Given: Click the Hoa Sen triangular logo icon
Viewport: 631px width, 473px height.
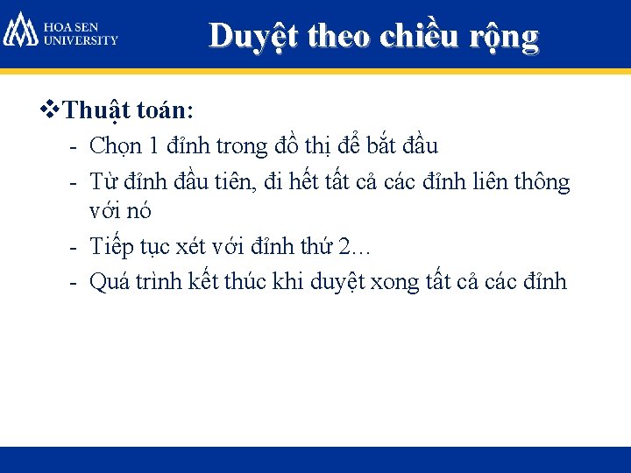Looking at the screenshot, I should pyautogui.click(x=20, y=31).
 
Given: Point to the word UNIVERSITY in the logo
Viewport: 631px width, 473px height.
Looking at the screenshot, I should pyautogui.click(x=81, y=40).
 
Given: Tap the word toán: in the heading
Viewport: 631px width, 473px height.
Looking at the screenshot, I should pyautogui.click(x=167, y=112).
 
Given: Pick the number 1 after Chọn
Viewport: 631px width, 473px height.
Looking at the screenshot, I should pyautogui.click(x=153, y=146).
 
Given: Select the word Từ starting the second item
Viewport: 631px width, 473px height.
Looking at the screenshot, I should pyautogui.click(x=105, y=182).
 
